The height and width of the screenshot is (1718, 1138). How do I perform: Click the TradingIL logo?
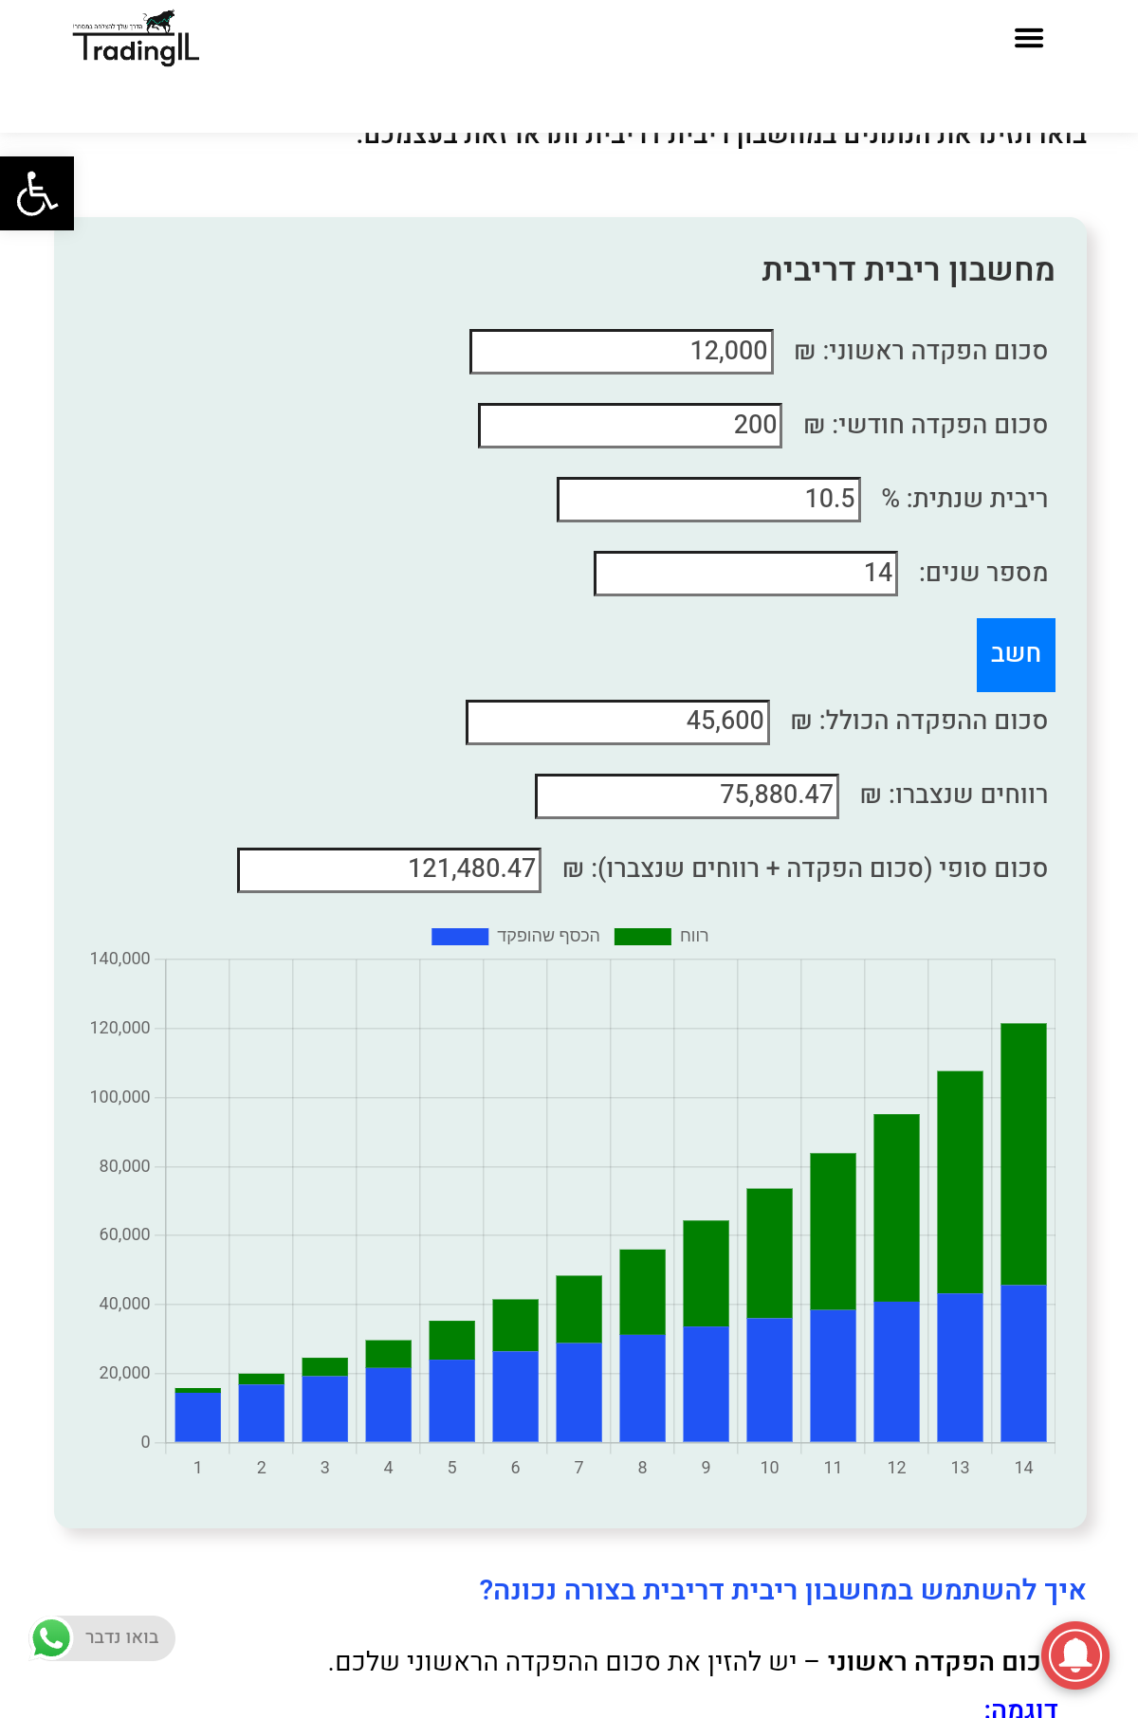(136, 40)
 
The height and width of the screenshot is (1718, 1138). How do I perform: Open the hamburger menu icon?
(1028, 38)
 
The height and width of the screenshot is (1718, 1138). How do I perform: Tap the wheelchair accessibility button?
(37, 193)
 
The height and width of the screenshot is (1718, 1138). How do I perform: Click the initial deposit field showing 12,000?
(621, 352)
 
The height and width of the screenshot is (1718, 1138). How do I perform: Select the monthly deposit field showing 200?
(630, 426)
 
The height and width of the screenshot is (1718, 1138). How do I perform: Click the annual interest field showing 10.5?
(708, 500)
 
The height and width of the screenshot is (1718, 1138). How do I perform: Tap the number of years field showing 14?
(745, 574)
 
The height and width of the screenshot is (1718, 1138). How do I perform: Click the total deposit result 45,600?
(617, 722)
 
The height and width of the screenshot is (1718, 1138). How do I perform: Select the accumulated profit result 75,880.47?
(687, 795)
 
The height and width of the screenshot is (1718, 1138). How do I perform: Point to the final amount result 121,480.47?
(389, 869)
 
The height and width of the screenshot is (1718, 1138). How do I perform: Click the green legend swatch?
(642, 937)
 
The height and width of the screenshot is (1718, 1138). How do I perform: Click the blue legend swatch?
(460, 937)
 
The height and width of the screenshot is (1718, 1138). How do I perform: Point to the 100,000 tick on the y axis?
(120, 1097)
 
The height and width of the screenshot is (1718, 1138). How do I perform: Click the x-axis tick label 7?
(578, 1468)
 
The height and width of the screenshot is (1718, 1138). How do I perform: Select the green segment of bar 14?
(1023, 1153)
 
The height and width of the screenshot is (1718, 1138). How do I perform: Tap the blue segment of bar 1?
(197, 1417)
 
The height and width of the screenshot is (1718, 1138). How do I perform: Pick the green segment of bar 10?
(769, 1252)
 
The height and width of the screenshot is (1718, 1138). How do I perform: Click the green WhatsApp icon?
(51, 1637)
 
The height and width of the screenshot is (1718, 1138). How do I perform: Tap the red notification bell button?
(1074, 1655)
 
